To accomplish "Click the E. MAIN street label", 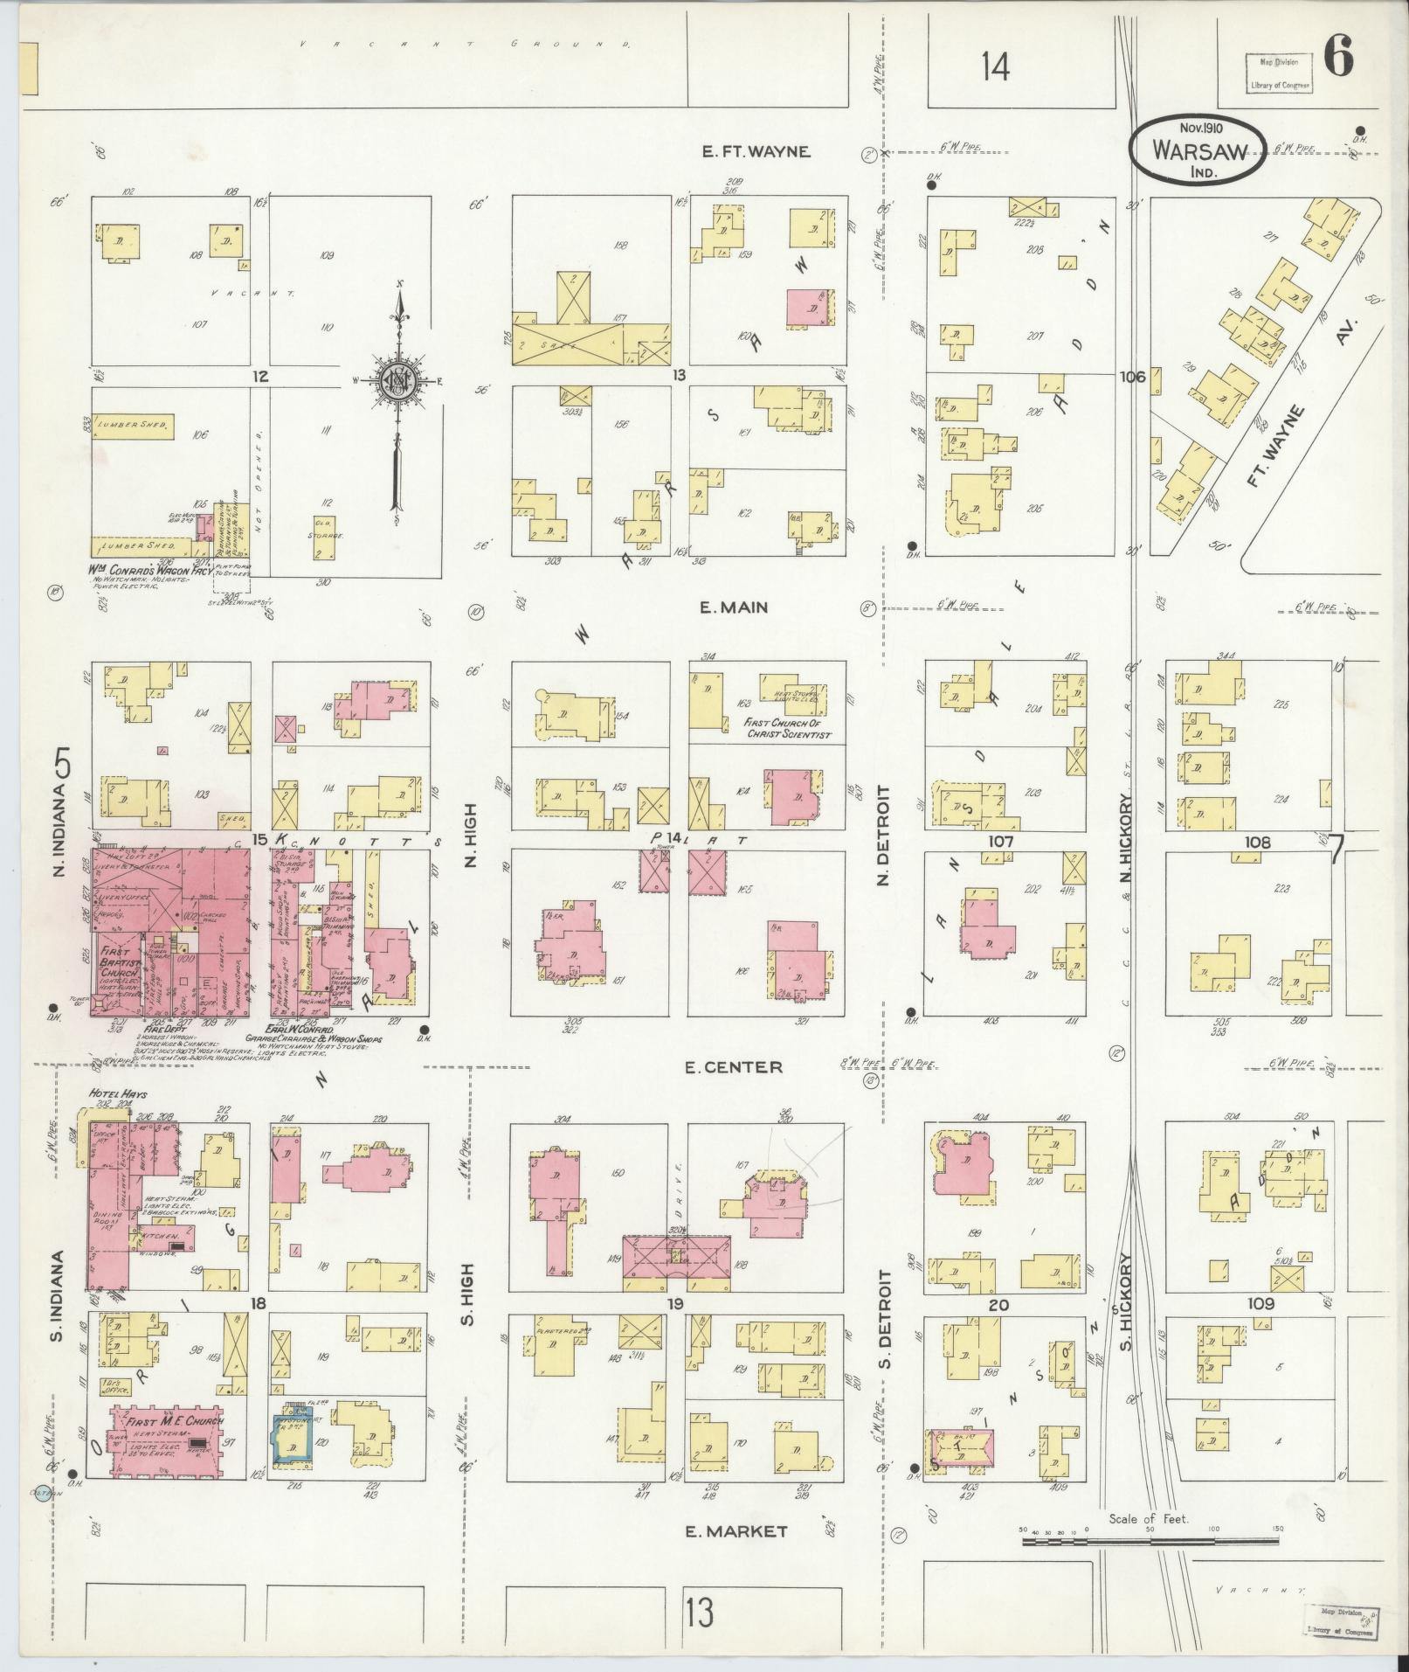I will tap(735, 607).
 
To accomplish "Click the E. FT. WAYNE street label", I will tap(756, 151).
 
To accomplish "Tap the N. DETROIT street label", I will tap(883, 834).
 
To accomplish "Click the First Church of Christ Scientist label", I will tap(786, 729).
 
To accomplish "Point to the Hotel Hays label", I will tap(117, 1093).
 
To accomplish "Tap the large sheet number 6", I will tap(1339, 59).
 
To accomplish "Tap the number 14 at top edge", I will tap(995, 66).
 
